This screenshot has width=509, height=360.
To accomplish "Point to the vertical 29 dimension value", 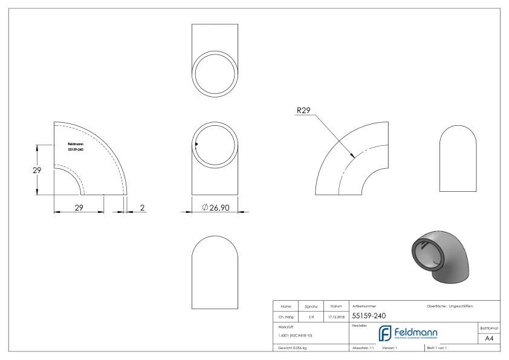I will (37, 170).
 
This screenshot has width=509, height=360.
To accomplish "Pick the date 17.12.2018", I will (336, 315).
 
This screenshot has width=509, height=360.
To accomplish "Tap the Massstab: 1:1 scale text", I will (365, 348).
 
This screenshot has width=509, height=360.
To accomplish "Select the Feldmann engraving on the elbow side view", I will (76, 146).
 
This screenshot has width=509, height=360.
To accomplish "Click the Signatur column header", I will (313, 306).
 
